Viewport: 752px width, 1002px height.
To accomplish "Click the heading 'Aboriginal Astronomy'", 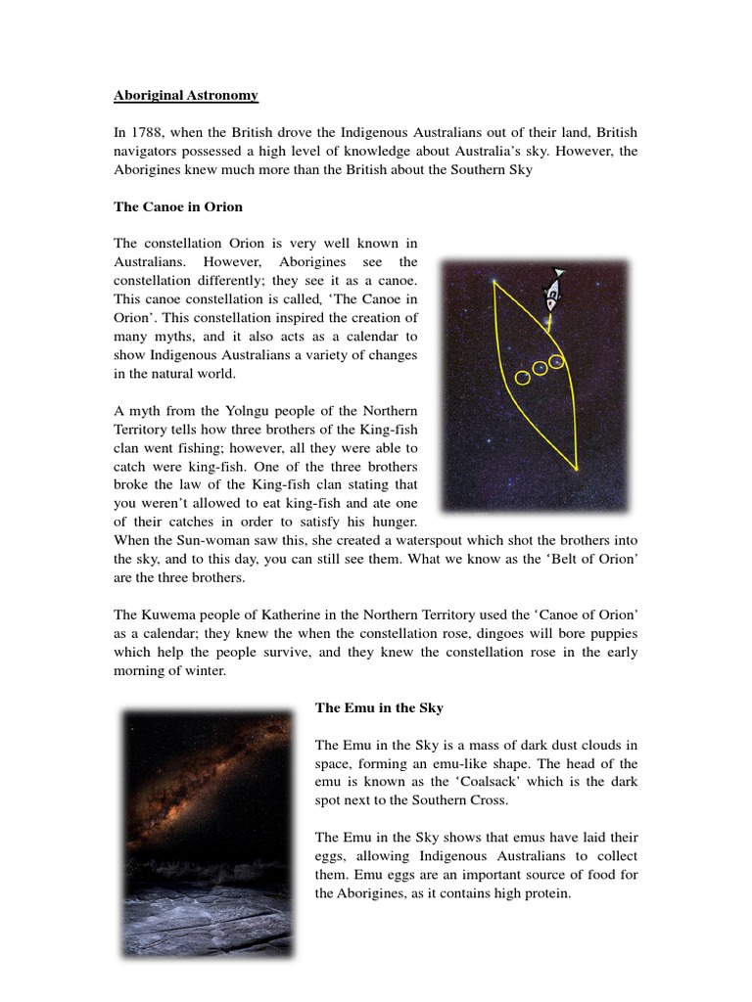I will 186,95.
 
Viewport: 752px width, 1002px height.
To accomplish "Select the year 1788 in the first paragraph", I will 147,132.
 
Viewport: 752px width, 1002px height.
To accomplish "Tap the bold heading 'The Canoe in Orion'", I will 178,206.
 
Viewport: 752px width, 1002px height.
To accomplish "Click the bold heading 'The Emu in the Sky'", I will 379,707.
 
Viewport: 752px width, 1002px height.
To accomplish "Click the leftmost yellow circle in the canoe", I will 523,378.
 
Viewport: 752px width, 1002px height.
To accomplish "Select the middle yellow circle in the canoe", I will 540,369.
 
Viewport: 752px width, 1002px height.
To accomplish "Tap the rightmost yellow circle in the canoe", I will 556,362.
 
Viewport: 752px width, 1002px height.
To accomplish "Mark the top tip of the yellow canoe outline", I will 495,283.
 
